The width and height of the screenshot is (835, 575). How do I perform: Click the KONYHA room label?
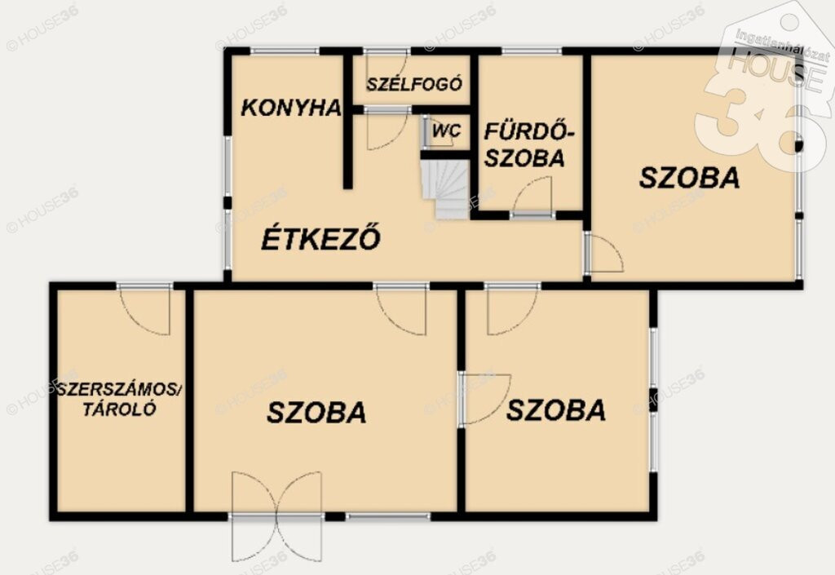(291, 108)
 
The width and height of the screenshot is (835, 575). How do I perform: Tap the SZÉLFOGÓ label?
(413, 84)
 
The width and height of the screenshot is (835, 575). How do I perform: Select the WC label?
(446, 130)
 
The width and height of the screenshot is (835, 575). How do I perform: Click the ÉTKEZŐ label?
(320, 238)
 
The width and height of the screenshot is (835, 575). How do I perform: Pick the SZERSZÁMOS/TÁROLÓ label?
(119, 400)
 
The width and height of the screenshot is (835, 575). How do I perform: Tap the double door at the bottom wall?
(277, 515)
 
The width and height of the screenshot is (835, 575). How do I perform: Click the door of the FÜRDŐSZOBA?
(532, 197)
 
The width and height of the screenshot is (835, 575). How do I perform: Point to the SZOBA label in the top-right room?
(689, 178)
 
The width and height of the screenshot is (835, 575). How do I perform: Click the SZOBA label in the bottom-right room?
(556, 410)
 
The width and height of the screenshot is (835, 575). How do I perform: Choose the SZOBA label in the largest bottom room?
(316, 413)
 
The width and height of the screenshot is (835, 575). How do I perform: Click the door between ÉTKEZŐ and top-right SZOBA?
(603, 254)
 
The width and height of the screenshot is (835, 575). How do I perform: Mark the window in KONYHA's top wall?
(285, 51)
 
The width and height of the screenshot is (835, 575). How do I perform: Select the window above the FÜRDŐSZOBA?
(532, 51)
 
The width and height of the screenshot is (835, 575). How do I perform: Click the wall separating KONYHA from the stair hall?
(347, 121)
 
